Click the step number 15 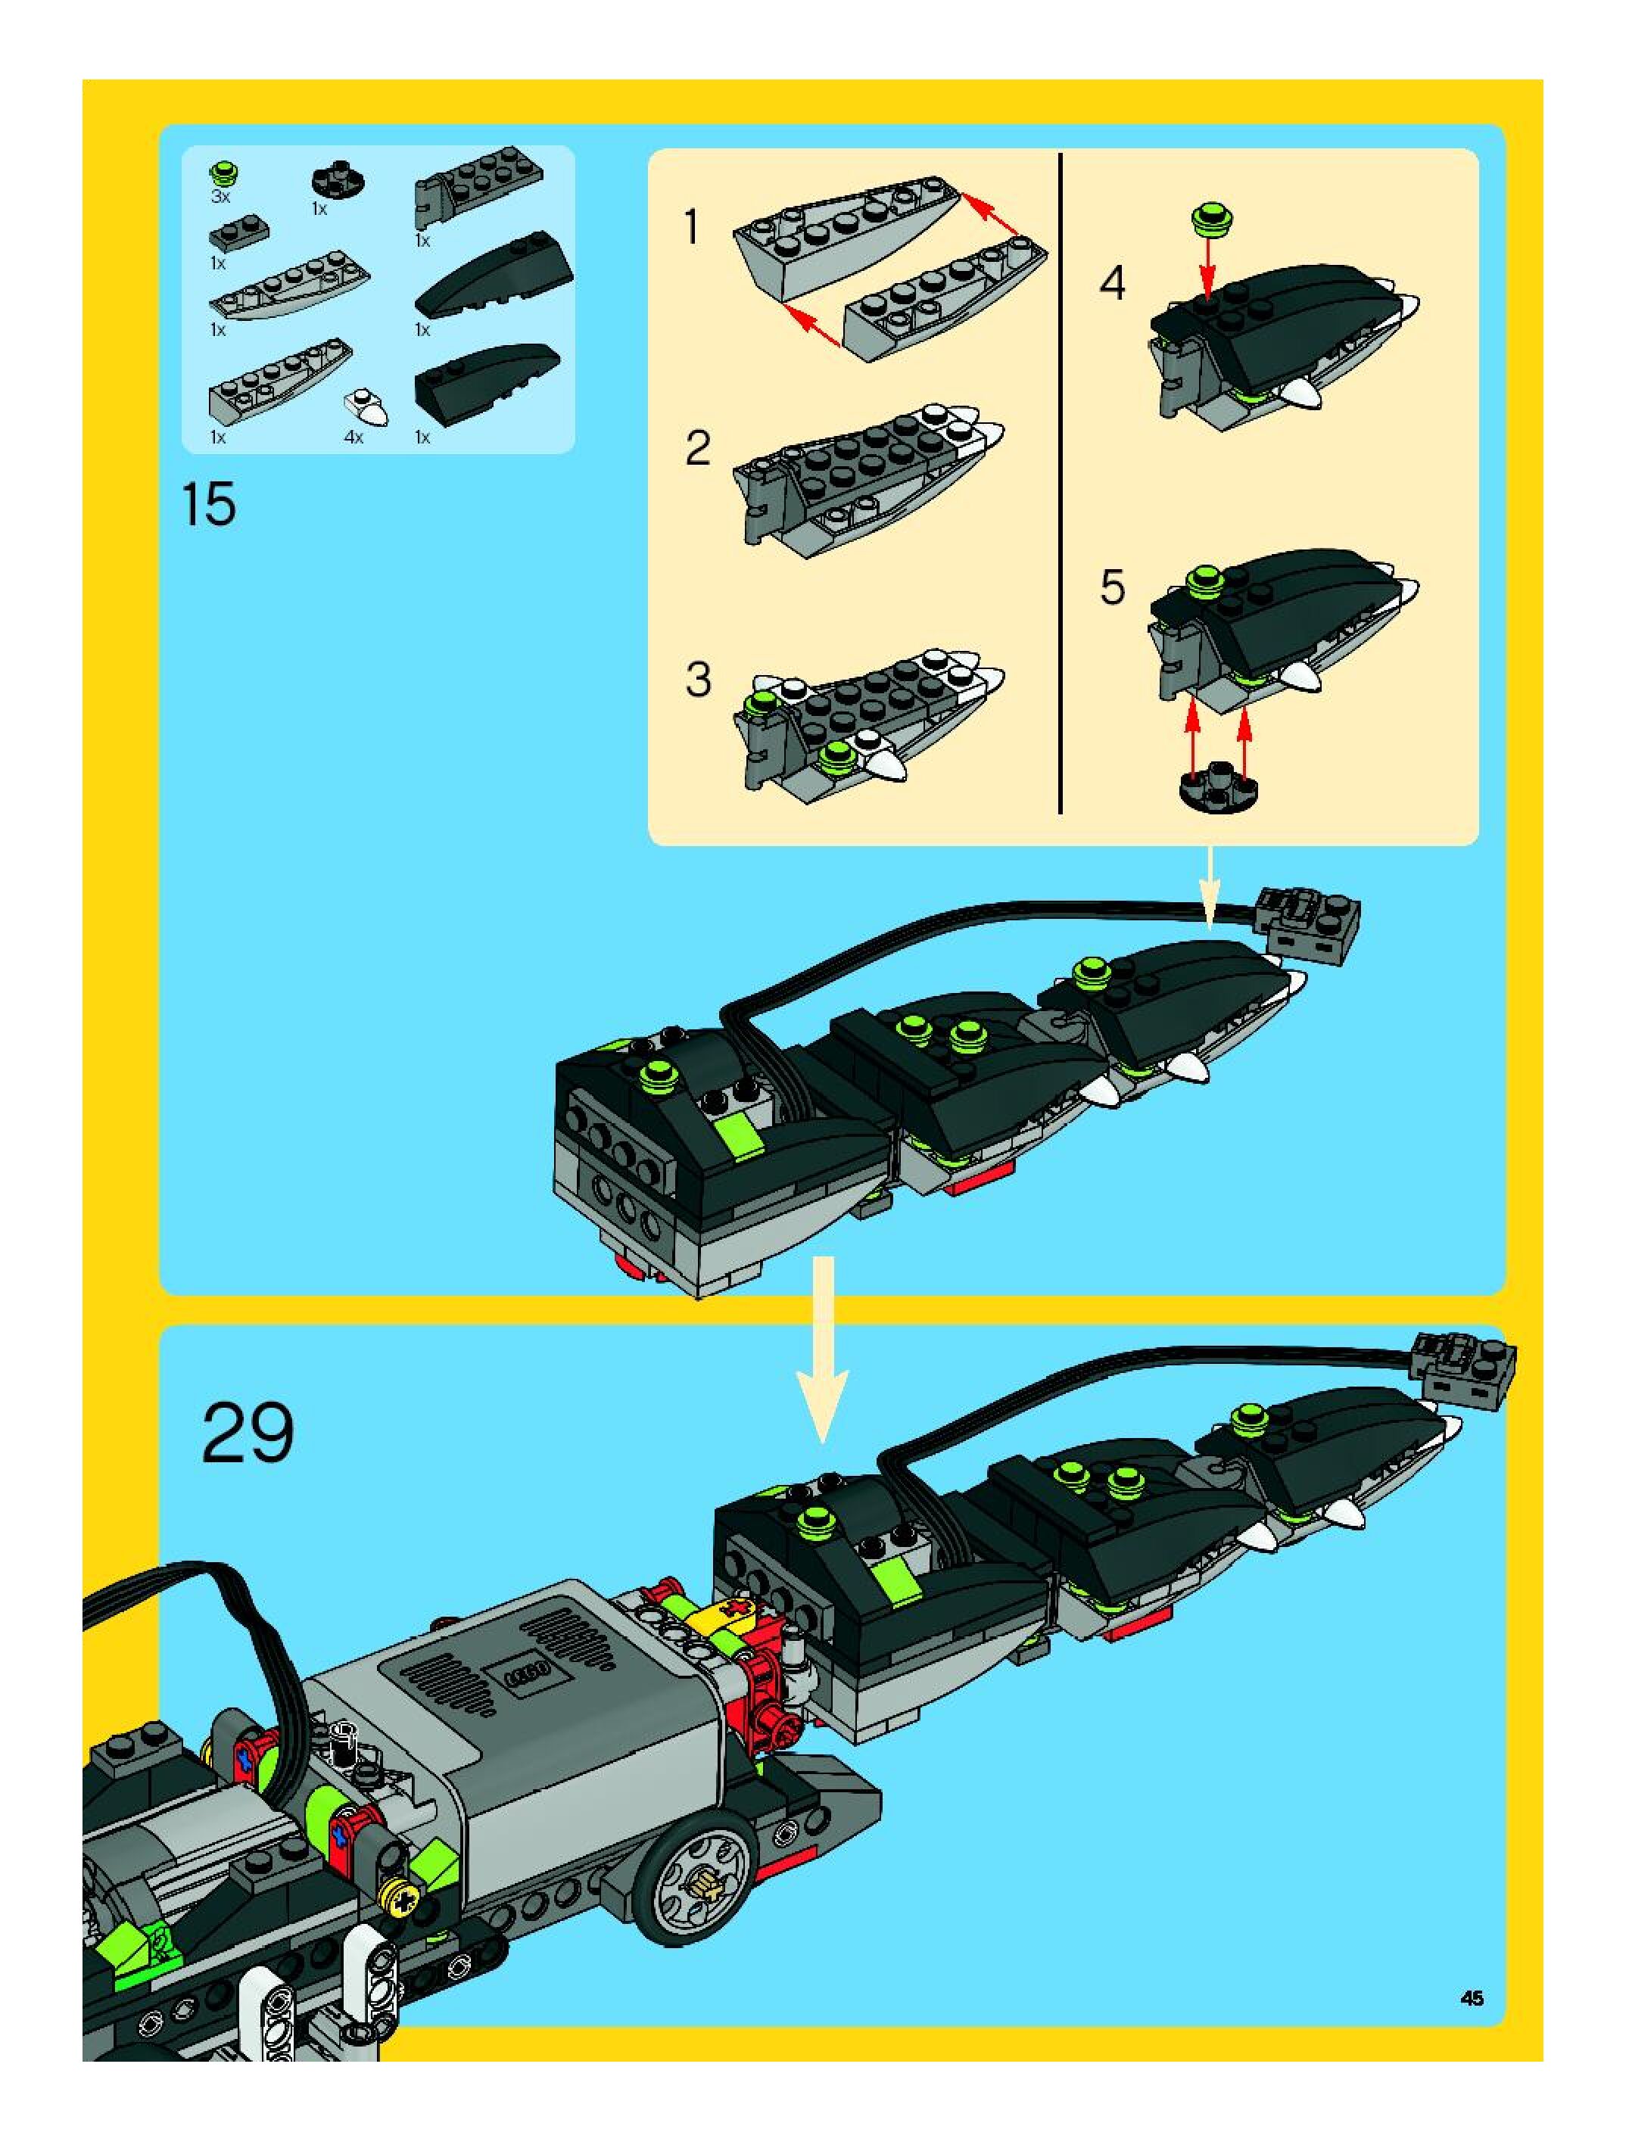click(x=208, y=505)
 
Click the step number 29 click(x=247, y=1433)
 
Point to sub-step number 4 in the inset click(x=1111, y=283)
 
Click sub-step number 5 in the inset click(x=1111, y=587)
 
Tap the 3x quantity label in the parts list click(x=221, y=198)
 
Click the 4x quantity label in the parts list click(x=354, y=437)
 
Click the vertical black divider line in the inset click(x=1060, y=484)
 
